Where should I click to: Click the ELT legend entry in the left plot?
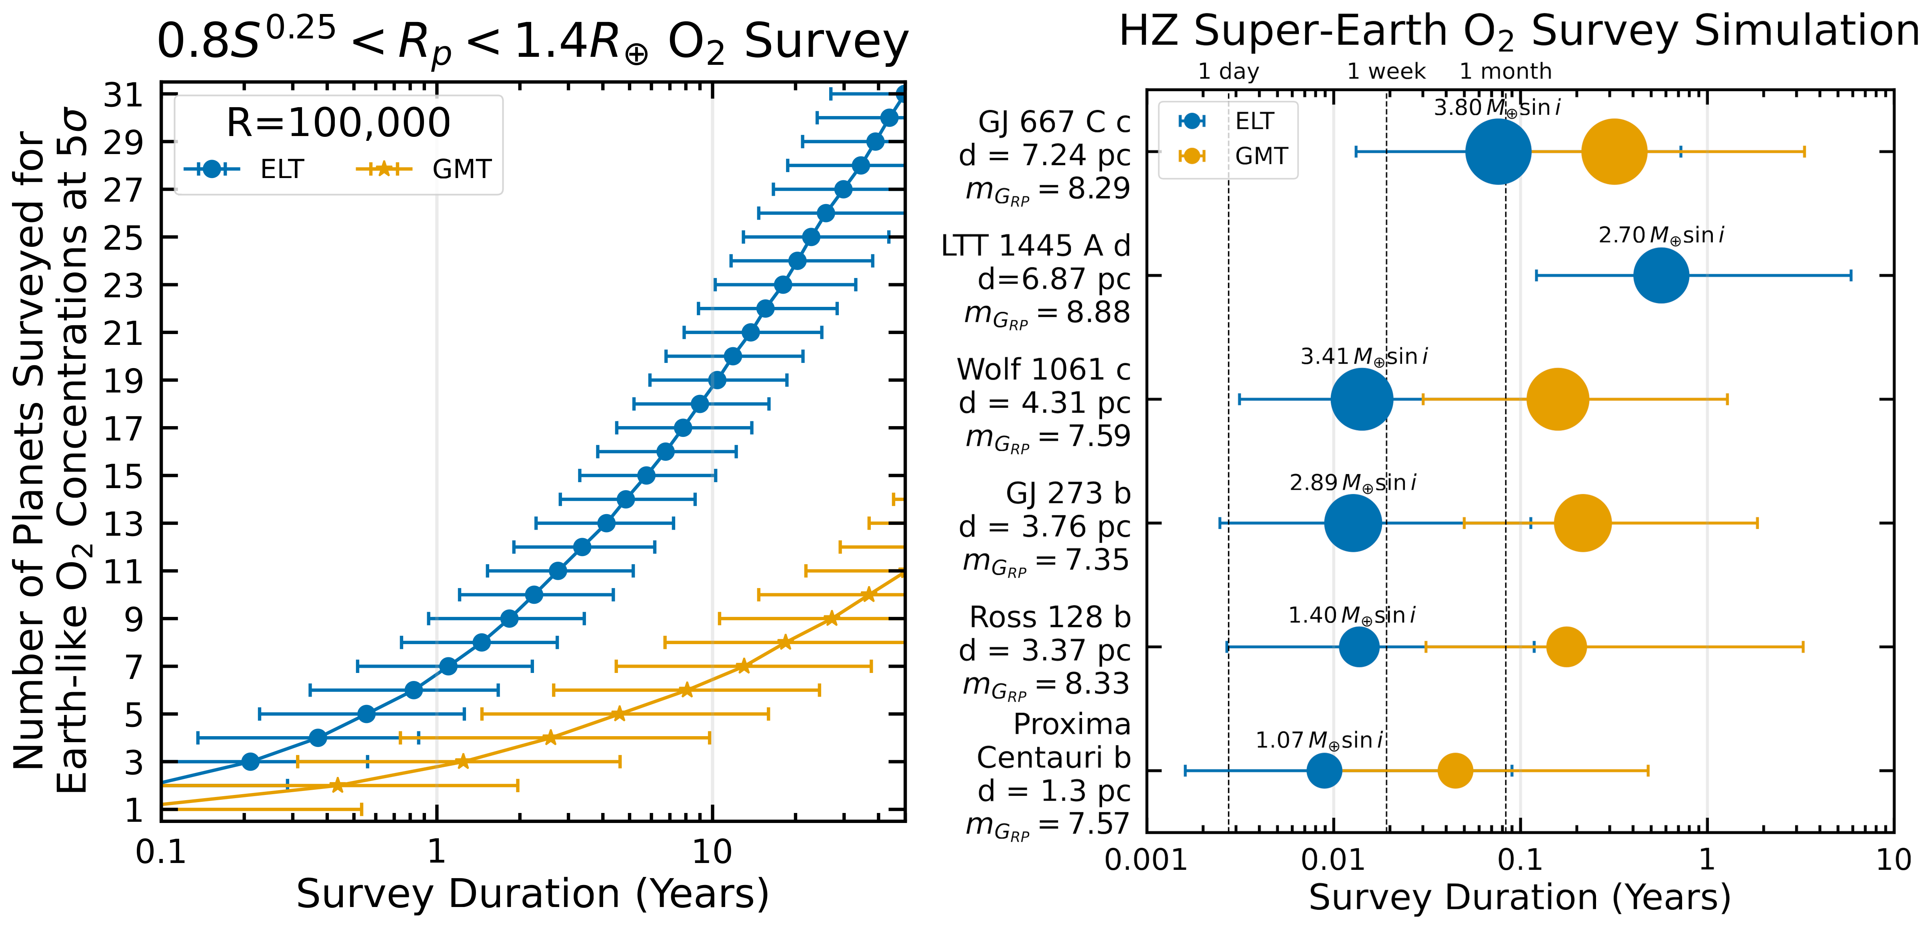click(x=247, y=169)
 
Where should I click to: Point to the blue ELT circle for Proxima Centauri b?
click(x=1324, y=770)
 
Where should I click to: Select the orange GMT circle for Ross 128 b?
click(x=1566, y=647)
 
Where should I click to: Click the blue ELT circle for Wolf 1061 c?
click(x=1361, y=399)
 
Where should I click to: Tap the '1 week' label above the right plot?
click(x=1386, y=72)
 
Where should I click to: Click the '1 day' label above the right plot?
click(x=1229, y=72)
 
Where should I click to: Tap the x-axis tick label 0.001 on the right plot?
click(x=1146, y=860)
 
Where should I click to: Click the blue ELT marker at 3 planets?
click(x=250, y=762)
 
